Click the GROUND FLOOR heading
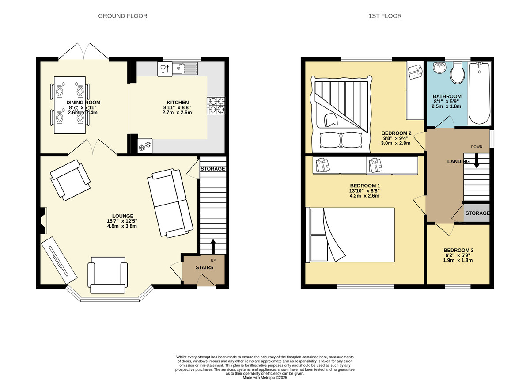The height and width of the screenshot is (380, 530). tap(123, 16)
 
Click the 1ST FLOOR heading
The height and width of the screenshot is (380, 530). tap(385, 16)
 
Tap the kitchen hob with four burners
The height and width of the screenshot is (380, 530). tap(216, 106)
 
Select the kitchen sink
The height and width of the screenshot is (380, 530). tap(185, 68)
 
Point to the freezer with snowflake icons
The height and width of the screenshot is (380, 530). tap(145, 146)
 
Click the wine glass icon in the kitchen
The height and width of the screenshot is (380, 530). tap(163, 69)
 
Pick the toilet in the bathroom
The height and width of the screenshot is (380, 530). tap(458, 72)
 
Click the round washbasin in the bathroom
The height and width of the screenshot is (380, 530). tap(439, 68)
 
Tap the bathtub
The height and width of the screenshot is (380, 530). tap(479, 93)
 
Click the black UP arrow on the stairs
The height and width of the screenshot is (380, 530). tap(213, 247)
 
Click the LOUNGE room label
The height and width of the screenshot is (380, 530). tap(123, 216)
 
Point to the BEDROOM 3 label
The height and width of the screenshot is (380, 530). tap(458, 250)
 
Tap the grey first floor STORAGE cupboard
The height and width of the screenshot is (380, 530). tap(477, 213)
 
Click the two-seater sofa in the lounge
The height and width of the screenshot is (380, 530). tap(170, 203)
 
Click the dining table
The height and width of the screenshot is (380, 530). tap(70, 105)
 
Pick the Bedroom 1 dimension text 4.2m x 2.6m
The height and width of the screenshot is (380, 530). tap(364, 196)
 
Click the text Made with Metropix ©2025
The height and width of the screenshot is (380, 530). tap(265, 378)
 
